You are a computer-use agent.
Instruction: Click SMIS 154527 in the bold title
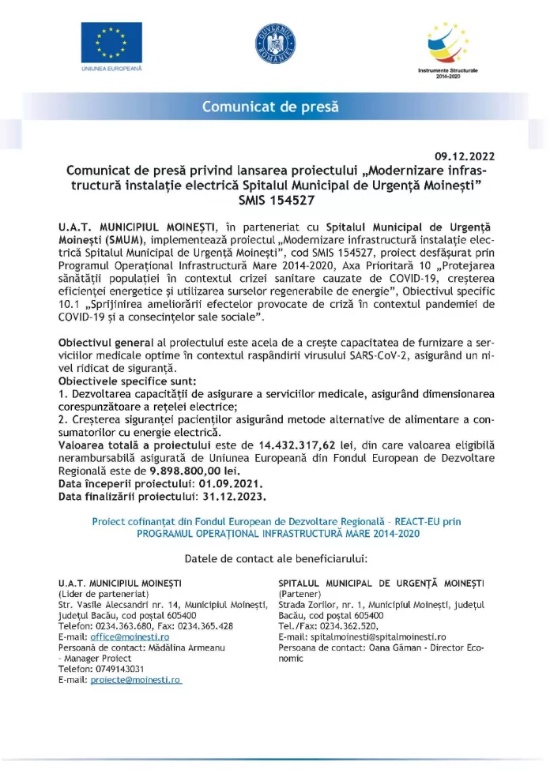coord(275,201)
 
